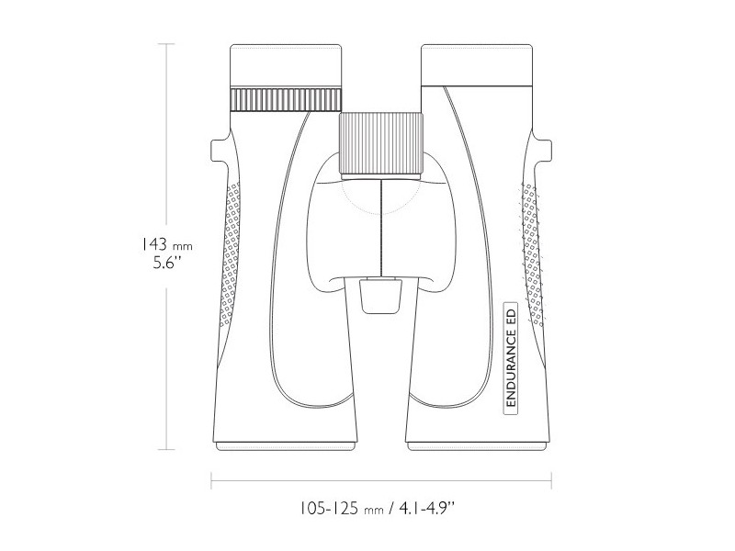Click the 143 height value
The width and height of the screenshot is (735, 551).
point(153,245)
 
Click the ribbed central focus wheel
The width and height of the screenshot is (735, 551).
point(381,144)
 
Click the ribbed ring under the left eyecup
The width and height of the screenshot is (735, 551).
point(286,98)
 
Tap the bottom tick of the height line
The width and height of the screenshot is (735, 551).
point(166,450)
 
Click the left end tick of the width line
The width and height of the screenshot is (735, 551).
point(212,479)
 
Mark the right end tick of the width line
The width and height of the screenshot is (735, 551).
point(550,479)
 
